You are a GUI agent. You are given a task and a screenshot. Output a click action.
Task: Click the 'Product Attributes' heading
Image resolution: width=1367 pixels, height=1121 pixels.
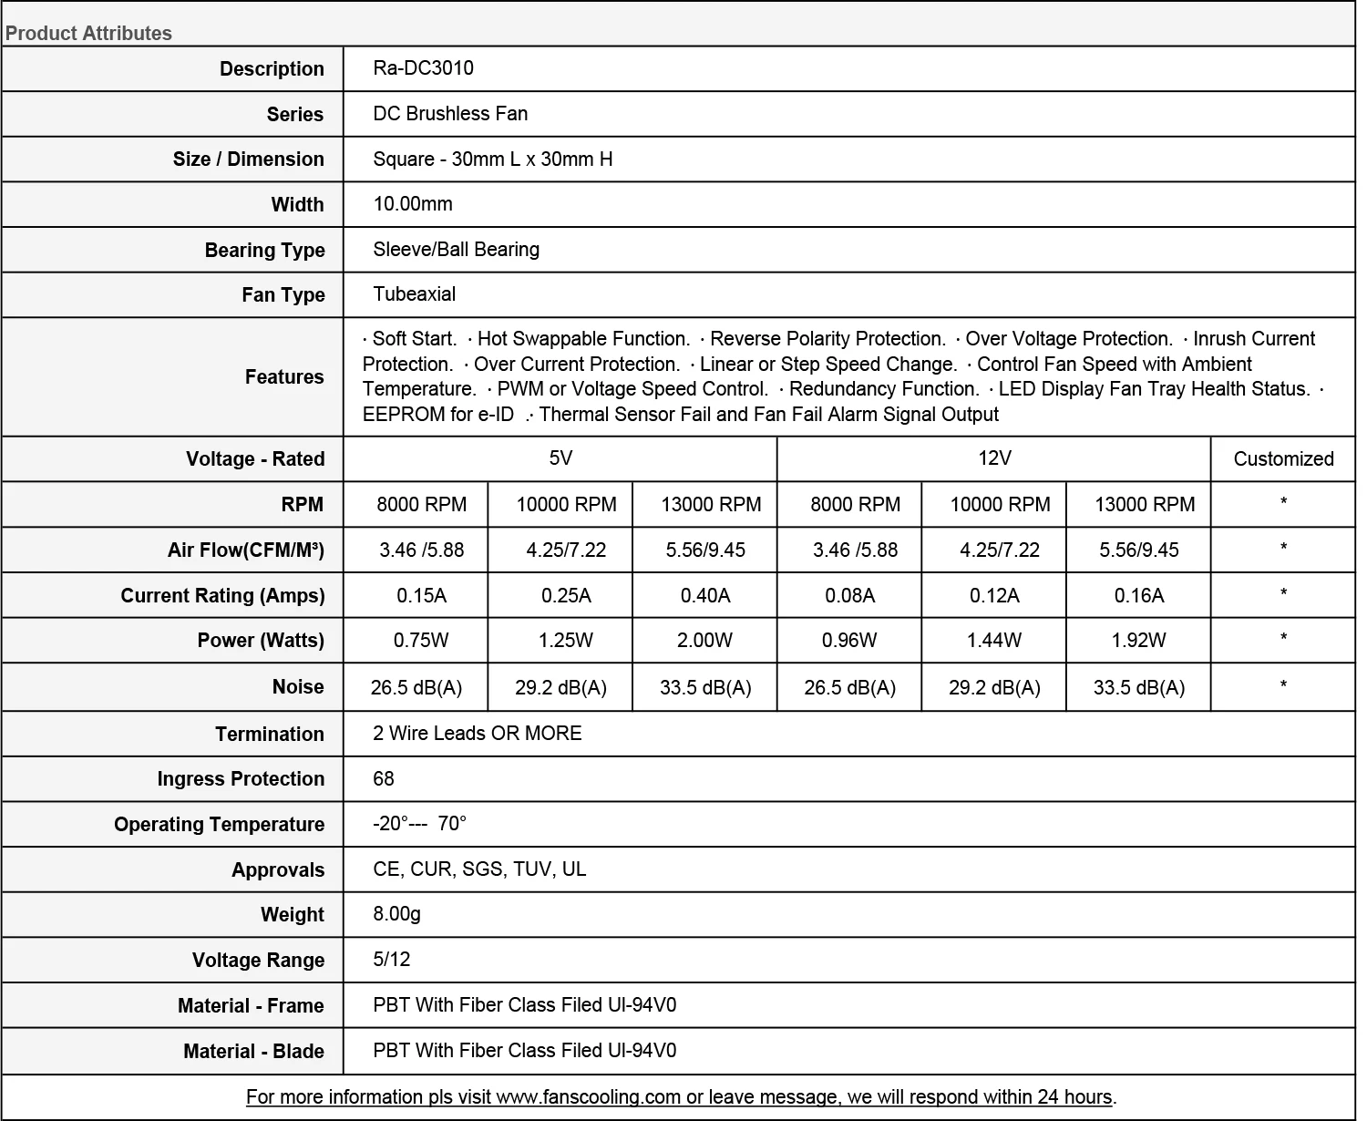88,34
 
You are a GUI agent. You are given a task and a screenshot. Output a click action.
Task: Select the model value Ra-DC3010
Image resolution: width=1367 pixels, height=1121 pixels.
423,68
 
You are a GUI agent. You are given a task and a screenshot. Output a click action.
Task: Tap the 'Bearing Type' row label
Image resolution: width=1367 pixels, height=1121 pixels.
264,251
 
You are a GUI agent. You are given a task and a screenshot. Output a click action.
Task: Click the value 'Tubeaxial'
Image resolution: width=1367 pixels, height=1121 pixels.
414,294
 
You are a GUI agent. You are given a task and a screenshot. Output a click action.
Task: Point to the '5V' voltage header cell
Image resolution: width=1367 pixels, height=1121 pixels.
560,458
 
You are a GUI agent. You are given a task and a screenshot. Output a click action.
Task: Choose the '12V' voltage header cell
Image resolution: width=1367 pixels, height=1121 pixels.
994,458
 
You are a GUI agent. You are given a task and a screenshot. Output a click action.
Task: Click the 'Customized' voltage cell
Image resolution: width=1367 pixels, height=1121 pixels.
1283,459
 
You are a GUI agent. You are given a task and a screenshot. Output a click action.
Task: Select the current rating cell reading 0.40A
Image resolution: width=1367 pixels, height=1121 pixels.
705,596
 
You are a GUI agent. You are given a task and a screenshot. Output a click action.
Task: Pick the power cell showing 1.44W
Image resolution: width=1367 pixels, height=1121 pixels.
994,641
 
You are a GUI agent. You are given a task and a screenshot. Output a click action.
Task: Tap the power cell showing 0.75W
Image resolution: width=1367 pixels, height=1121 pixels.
421,641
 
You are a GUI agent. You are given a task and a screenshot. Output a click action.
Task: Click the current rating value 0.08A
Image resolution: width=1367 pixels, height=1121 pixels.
849,596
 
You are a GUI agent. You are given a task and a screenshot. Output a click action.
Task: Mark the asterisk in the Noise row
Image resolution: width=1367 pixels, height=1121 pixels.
1283,685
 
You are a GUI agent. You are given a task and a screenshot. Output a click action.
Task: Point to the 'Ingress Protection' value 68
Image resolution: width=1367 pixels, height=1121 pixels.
384,779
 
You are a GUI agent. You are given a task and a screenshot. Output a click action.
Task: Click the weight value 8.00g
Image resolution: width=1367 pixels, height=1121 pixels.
396,914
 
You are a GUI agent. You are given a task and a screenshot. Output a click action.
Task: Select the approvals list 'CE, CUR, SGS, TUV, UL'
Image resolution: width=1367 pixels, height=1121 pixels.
479,869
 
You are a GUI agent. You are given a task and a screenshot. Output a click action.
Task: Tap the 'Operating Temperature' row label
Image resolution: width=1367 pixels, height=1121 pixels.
219,825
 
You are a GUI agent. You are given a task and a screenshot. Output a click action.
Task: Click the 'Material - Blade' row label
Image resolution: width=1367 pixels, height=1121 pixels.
253,1052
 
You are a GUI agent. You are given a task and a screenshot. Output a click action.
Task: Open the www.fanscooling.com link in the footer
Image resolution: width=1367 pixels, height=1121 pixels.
588,1097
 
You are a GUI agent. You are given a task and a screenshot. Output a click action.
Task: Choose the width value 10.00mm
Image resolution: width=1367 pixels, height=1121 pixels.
413,204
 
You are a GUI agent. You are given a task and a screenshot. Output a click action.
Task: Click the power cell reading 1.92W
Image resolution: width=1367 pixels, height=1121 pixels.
1138,641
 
